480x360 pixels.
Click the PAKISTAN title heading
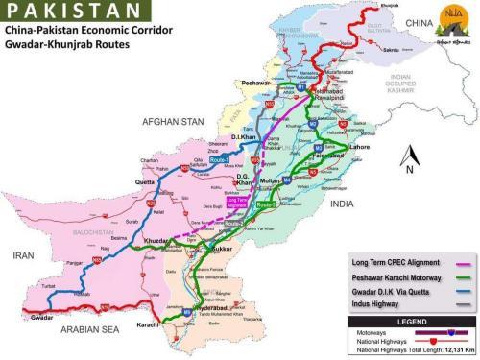coord(67,13)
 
